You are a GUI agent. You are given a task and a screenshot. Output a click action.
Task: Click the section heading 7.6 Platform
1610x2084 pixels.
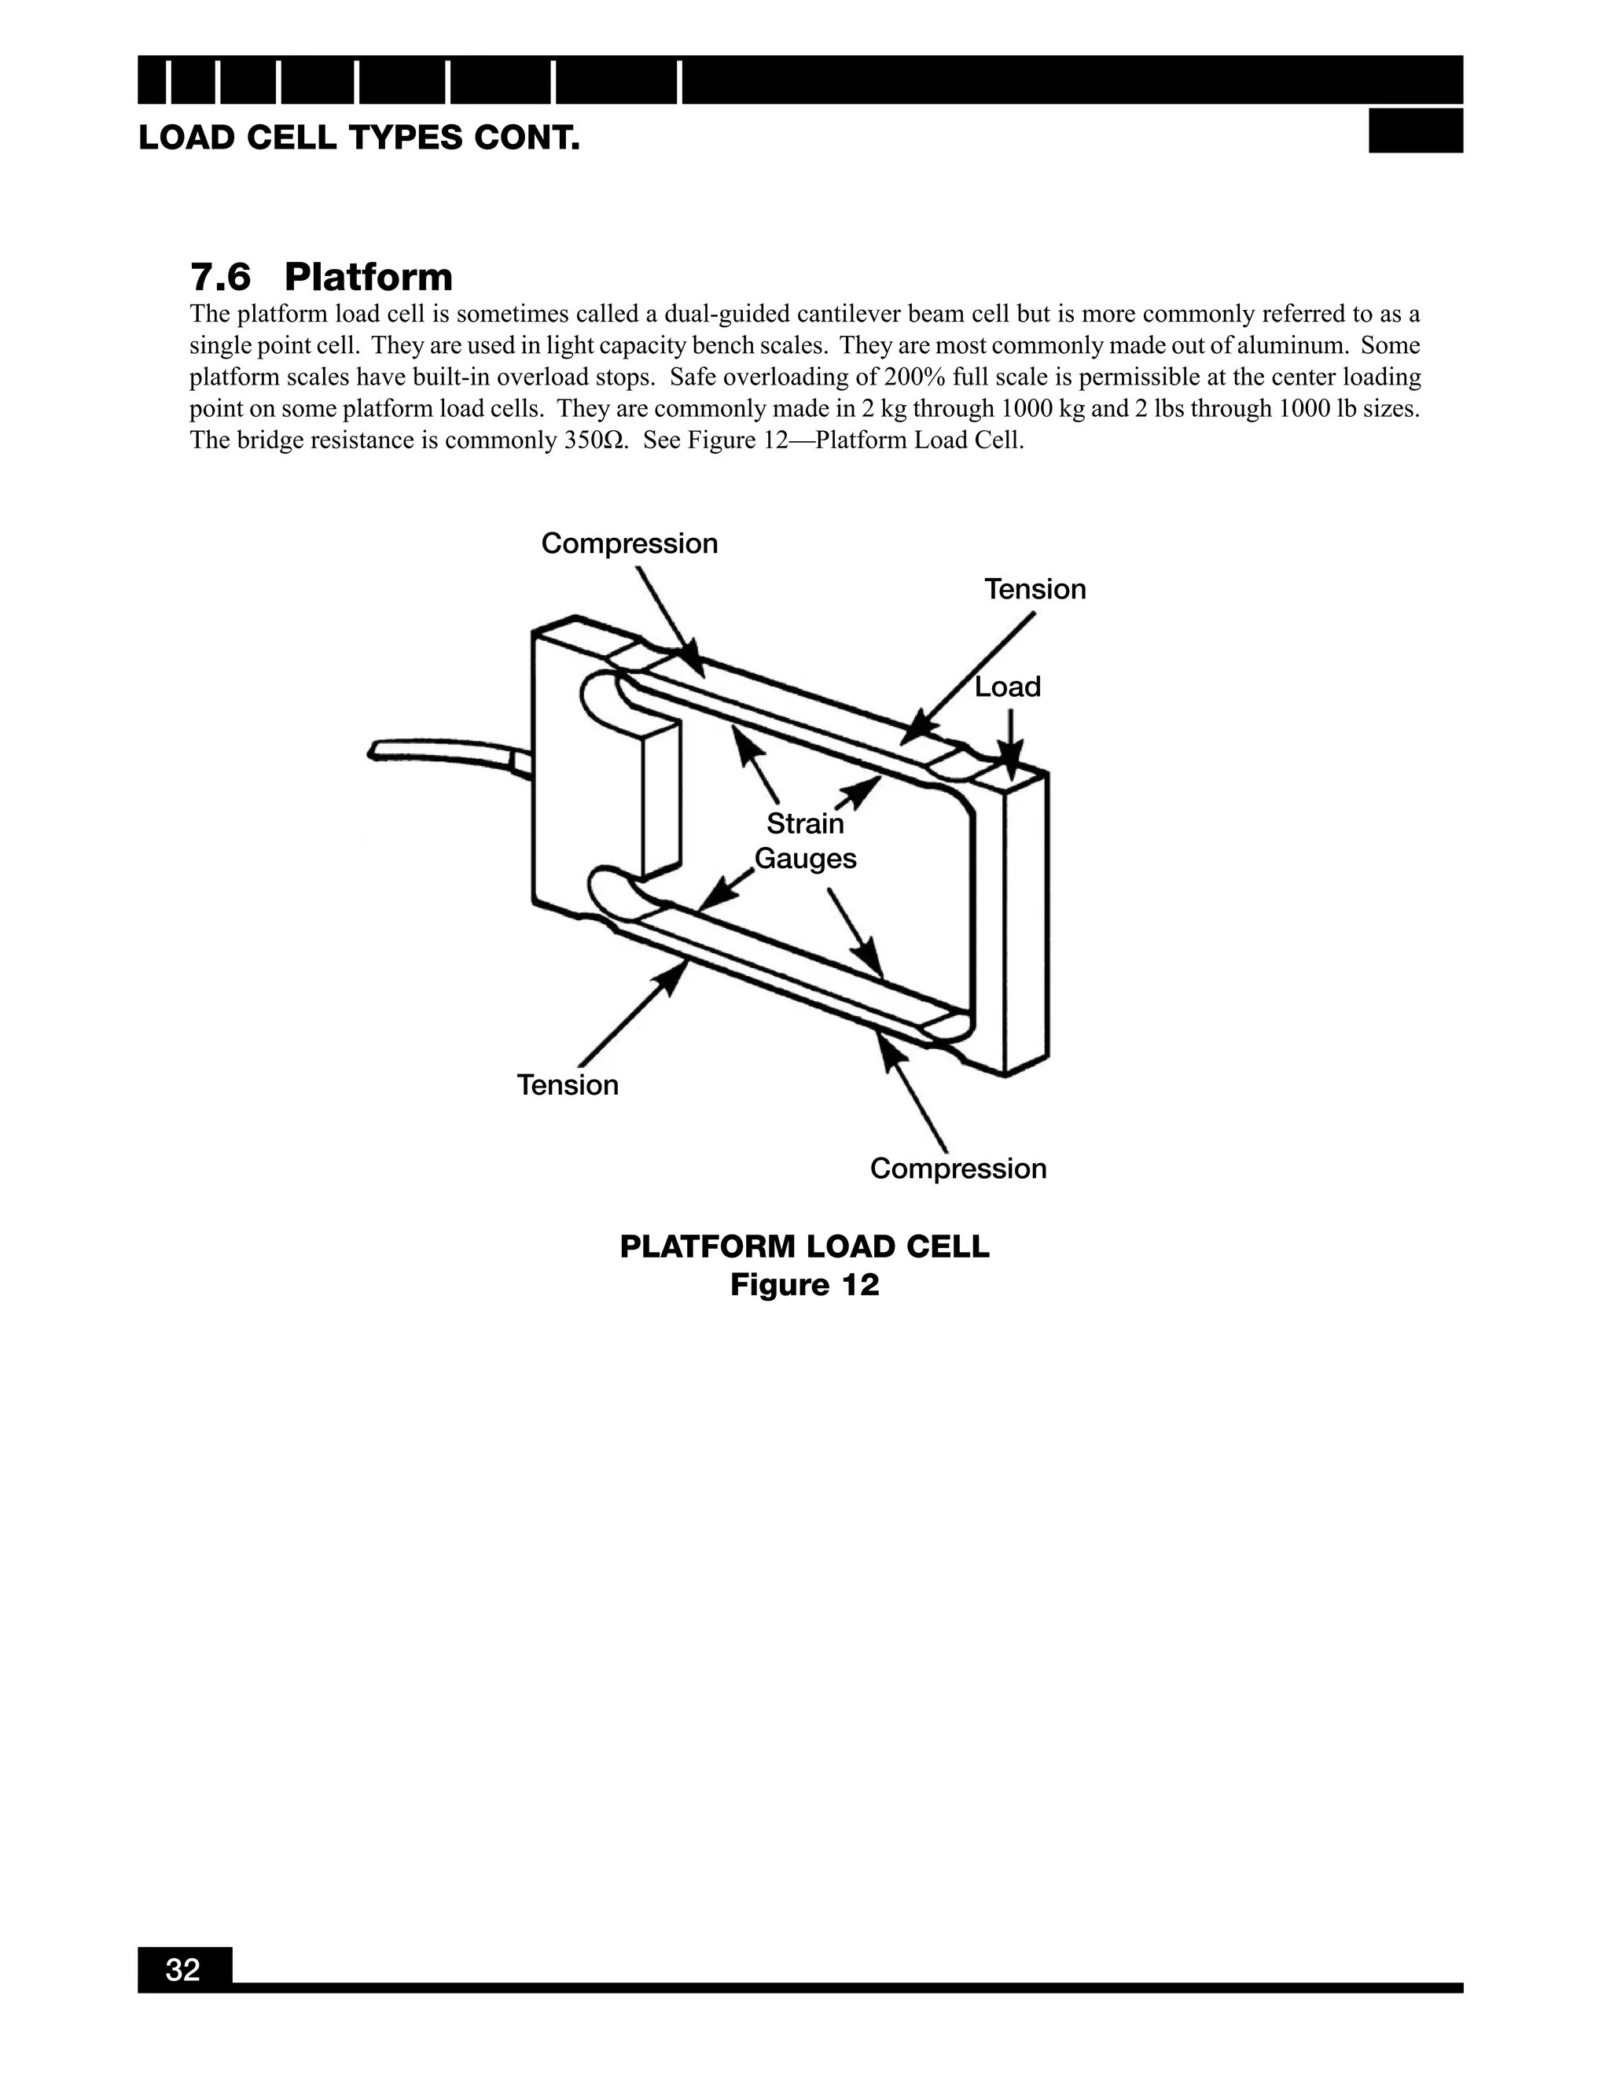pos(321,277)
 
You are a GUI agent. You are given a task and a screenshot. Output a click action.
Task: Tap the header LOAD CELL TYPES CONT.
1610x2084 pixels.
pos(358,138)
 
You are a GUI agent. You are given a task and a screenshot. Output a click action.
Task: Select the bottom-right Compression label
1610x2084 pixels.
pos(958,1168)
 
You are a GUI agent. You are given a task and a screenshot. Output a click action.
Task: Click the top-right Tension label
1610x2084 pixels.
pos(1035,589)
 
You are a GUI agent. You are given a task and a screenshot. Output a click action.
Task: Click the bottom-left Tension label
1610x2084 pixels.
pos(568,1085)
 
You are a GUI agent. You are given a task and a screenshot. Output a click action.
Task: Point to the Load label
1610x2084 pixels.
pos(1007,687)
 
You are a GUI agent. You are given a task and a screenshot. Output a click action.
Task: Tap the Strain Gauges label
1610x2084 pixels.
pos(805,841)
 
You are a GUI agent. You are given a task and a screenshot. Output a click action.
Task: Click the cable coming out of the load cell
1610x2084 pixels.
pos(439,751)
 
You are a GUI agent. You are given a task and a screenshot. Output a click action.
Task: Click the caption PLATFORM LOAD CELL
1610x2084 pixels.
pos(804,1246)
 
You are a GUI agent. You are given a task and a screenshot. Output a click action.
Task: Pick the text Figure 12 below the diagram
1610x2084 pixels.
pos(804,1285)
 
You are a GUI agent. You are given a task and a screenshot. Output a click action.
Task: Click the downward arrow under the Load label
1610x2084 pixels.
pos(1011,739)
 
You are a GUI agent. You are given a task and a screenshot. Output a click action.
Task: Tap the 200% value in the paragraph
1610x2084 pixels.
pos(915,377)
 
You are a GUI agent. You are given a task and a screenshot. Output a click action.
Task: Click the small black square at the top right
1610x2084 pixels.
pos(1414,131)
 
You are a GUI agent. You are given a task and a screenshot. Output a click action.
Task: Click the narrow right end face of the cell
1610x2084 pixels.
pos(1027,921)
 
